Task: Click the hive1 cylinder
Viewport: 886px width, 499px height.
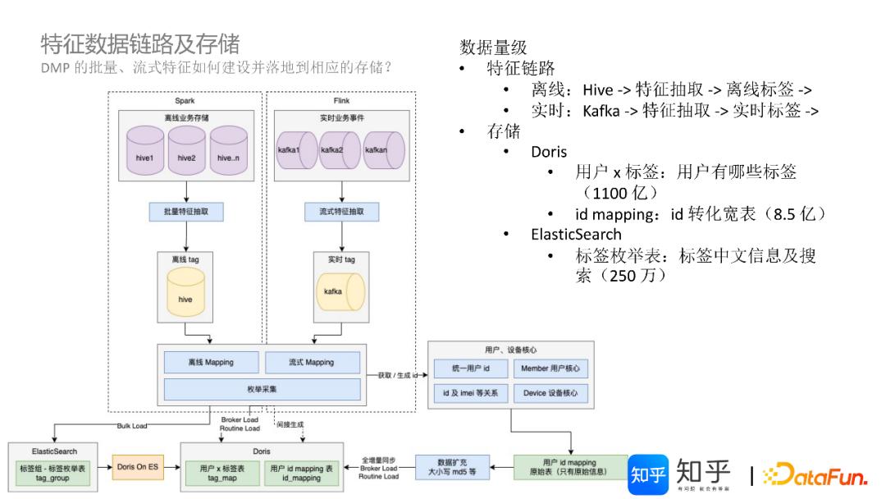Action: pyautogui.click(x=145, y=154)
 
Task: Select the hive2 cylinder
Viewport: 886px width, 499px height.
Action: pyautogui.click(x=187, y=154)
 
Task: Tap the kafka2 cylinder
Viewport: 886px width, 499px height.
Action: pyautogui.click(x=340, y=151)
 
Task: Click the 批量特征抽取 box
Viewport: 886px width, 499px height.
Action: pyautogui.click(x=187, y=212)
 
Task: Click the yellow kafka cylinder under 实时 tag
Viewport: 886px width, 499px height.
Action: pyautogui.click(x=333, y=292)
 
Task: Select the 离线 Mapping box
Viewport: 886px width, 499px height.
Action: pyautogui.click(x=212, y=362)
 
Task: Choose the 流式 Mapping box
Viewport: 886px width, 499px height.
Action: pyautogui.click(x=312, y=362)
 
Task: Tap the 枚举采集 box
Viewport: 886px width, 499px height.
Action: pyautogui.click(x=262, y=388)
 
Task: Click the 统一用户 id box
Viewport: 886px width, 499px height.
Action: pyautogui.click(x=464, y=369)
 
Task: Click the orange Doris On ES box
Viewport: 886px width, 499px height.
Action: pyautogui.click(x=138, y=467)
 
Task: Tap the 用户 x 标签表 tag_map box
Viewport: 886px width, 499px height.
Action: pyautogui.click(x=218, y=473)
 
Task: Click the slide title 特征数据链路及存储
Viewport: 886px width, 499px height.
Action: pyautogui.click(x=140, y=43)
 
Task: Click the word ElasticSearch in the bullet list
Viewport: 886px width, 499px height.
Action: pyautogui.click(x=575, y=234)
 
